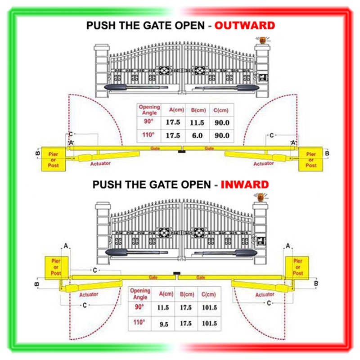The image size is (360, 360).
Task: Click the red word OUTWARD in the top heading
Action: pyautogui.click(x=244, y=26)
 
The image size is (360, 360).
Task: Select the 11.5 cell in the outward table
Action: pyautogui.click(x=198, y=122)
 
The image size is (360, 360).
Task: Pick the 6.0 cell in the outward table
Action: pyautogui.click(x=198, y=135)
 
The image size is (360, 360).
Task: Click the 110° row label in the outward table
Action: pyautogui.click(x=149, y=135)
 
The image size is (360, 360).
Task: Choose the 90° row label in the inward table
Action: pyautogui.click(x=140, y=307)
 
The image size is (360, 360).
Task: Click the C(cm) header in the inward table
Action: pyautogui.click(x=210, y=294)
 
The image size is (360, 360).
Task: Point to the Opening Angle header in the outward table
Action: pyautogui.click(x=149, y=110)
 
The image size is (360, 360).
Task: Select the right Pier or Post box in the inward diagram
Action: pyautogui.click(x=297, y=267)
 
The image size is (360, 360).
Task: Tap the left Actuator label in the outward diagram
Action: pyautogui.click(x=100, y=163)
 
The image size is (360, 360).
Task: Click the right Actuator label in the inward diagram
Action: pyautogui.click(x=265, y=294)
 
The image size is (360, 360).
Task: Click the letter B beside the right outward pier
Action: pyautogui.click(x=327, y=154)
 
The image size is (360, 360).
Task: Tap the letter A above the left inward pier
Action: pyautogui.click(x=66, y=246)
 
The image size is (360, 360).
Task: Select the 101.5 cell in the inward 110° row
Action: pyautogui.click(x=210, y=324)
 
